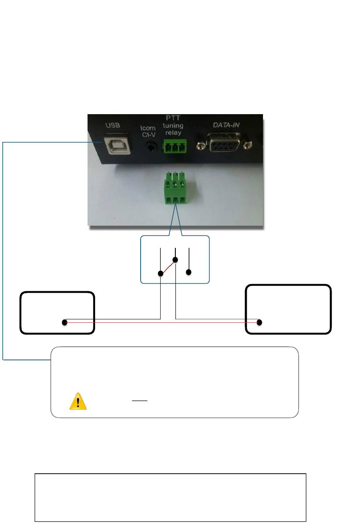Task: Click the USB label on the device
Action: [113, 126]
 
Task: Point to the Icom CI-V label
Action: [148, 132]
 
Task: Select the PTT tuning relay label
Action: [173, 126]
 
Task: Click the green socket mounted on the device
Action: [175, 146]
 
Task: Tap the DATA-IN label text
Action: [226, 125]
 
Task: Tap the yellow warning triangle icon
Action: [78, 402]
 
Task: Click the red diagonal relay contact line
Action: [168, 267]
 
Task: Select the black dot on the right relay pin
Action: [189, 272]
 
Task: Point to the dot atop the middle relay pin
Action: [175, 260]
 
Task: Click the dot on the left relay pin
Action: [161, 273]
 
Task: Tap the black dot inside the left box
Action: [65, 322]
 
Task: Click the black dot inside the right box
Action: [260, 322]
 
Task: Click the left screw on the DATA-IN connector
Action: [200, 145]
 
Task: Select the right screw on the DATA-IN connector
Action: [248, 144]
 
